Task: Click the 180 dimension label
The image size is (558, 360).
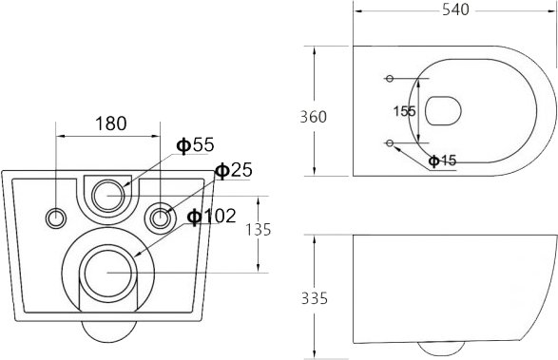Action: tap(110, 123)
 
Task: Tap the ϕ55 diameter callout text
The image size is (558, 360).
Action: tap(196, 144)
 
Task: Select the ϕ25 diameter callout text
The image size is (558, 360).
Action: tap(234, 170)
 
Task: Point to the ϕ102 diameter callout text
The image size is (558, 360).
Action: tap(212, 216)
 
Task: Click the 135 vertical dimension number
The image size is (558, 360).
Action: tap(259, 230)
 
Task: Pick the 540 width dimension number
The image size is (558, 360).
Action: tap(456, 9)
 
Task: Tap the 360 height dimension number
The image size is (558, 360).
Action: tap(313, 117)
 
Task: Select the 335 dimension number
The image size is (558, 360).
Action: tap(315, 298)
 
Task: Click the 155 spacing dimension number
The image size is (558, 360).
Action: tap(404, 111)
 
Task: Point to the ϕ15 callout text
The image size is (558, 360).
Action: tap(442, 161)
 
